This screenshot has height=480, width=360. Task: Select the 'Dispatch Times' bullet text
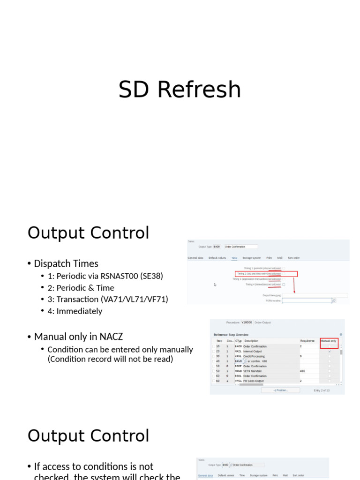pos(66,263)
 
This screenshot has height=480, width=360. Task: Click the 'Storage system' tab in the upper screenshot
pos(252,258)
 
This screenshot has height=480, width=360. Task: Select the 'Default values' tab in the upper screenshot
pos(217,258)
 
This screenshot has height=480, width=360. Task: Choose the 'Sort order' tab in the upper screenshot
pos(294,258)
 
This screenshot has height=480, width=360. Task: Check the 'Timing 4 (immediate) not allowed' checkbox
pos(284,284)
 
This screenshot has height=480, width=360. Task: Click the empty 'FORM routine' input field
pos(307,300)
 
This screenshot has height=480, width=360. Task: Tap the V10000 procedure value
pos(247,322)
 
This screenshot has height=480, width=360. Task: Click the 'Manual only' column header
pos(329,341)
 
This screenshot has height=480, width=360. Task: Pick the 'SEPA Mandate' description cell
pos(253,371)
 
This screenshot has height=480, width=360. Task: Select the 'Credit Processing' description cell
pos(254,356)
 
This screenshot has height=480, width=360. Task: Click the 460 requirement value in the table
pos(303,371)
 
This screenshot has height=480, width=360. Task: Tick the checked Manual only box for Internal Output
pos(330,351)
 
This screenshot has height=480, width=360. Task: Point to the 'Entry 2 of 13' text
pos(322,390)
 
